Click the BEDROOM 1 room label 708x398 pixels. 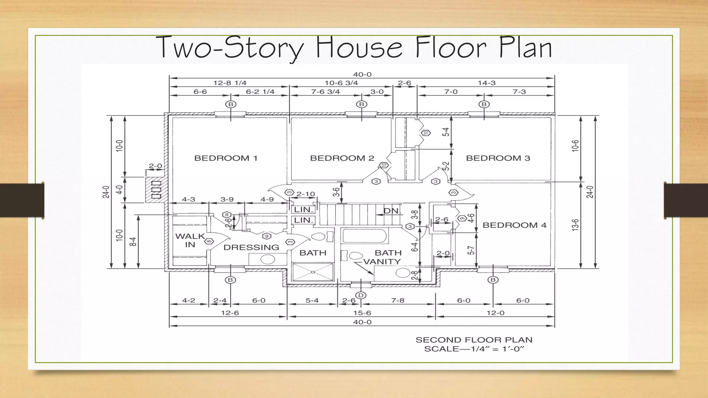[226, 158]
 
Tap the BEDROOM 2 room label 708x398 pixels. [342, 158]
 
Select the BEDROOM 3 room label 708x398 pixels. [498, 158]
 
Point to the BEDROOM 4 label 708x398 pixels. [514, 225]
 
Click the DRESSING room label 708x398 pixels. [251, 247]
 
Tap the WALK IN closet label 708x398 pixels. [190, 240]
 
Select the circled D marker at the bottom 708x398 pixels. [361, 295]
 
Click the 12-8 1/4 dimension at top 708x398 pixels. [230, 83]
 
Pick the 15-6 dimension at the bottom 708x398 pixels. [362, 313]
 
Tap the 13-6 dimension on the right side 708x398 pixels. [575, 225]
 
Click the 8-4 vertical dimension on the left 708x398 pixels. [133, 241]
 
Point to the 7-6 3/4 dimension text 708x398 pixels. [325, 92]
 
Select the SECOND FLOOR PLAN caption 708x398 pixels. [474, 340]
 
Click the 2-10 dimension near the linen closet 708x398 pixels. [306, 194]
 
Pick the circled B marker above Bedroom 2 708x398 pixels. [362, 104]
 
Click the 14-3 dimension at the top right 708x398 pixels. [486, 83]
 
